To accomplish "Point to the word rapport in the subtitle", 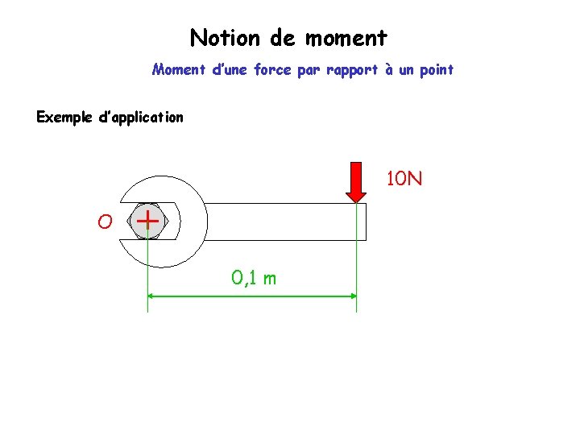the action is pyautogui.click(x=351, y=70).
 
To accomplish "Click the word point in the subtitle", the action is pyautogui.click(x=436, y=70).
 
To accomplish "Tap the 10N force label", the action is pyautogui.click(x=404, y=178).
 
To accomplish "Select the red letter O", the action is pyautogui.click(x=105, y=221).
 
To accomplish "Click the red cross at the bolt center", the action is pyautogui.click(x=147, y=217).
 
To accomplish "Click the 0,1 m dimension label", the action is pyautogui.click(x=254, y=279).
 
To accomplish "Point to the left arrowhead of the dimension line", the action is pyautogui.click(x=151, y=296).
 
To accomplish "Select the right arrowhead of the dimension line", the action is pyautogui.click(x=352, y=296).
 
